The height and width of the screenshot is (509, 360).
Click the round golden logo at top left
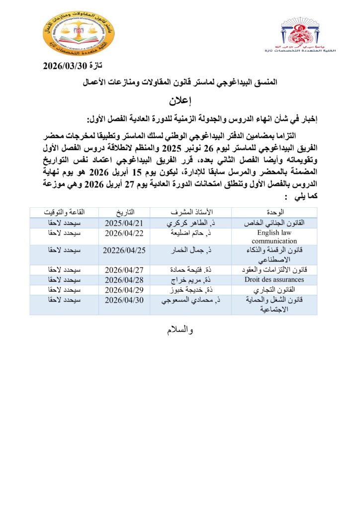[79, 36]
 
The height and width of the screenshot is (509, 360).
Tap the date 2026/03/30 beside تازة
[67, 66]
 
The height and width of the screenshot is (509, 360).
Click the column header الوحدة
[274, 212]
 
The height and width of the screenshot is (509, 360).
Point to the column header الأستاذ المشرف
[191, 212]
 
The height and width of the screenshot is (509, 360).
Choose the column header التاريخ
[124, 212]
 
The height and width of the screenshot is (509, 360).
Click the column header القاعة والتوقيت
[64, 212]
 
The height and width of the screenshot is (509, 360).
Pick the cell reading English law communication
[274, 236]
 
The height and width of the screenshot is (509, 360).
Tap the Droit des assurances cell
[274, 280]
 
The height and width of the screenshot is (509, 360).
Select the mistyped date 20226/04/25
[124, 250]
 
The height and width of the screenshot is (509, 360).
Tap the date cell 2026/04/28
[124, 280]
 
